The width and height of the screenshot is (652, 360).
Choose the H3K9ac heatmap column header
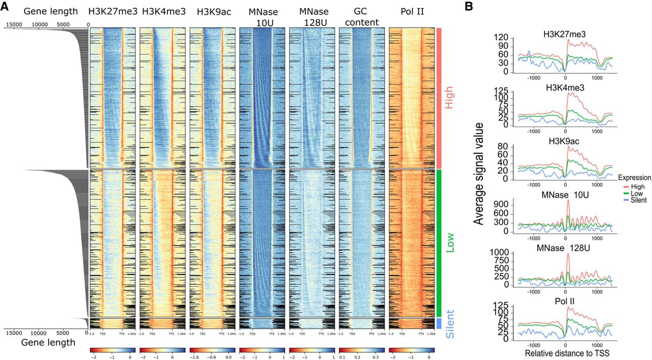coord(213,11)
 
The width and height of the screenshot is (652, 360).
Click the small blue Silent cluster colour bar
coord(439,323)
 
